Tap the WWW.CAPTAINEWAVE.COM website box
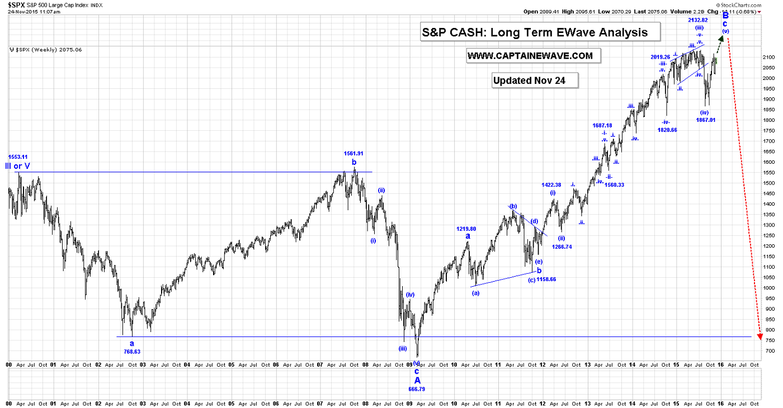[x=530, y=56]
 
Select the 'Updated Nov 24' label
[x=529, y=80]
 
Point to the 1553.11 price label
[x=18, y=157]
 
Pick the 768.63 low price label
[x=132, y=352]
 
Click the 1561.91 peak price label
[x=353, y=153]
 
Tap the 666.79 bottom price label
[x=417, y=389]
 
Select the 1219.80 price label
[x=466, y=229]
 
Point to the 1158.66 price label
[x=546, y=279]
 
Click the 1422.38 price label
[x=551, y=185]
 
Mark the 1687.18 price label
[x=602, y=126]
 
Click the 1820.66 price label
[x=668, y=130]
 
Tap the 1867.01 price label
[x=706, y=120]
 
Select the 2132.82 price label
[x=698, y=20]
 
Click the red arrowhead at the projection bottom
[x=760, y=336]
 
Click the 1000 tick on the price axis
[x=766, y=288]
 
